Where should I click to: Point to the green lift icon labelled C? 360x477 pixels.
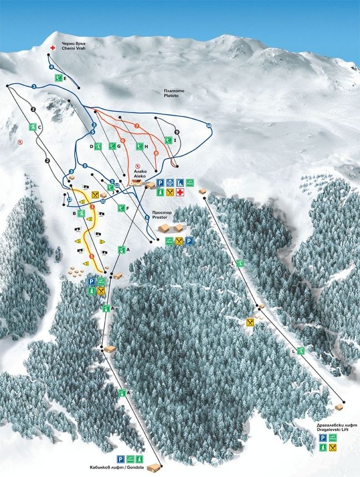click(33, 127)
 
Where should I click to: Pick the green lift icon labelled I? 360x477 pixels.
click(168, 140)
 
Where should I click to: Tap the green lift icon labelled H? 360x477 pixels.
click(139, 147)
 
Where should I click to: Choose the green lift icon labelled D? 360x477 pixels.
click(97, 146)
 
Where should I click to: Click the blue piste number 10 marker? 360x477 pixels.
click(209, 126)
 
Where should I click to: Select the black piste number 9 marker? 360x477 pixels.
click(177, 132)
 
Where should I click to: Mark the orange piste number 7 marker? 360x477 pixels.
click(136, 126)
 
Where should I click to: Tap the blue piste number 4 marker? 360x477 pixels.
click(51, 67)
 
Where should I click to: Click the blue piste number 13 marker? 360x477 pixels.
click(69, 200)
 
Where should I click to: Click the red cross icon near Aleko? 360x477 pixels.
click(179, 192)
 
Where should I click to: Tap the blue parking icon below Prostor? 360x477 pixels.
click(189, 241)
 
